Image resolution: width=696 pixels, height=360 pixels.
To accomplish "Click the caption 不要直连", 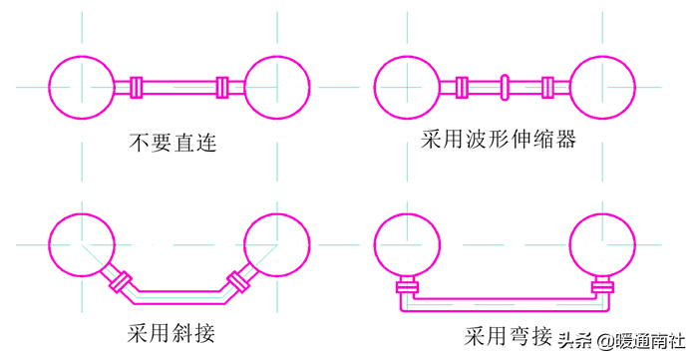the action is [173, 143].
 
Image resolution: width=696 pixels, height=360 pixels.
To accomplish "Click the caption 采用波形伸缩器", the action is [499, 140].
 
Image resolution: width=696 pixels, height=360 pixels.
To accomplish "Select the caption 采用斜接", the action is [171, 333].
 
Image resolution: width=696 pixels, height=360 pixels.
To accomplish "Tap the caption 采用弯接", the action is [509, 336].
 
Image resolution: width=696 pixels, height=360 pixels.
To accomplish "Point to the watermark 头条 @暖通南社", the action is [623, 341].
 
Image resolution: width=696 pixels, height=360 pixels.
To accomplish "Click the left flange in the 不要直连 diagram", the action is [137, 87].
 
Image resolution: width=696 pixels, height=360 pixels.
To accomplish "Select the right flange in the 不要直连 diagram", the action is [222, 87].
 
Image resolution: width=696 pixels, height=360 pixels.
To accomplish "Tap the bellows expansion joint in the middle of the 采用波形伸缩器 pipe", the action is [505, 87].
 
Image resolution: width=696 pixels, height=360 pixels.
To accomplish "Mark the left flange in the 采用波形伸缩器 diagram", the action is [462, 87].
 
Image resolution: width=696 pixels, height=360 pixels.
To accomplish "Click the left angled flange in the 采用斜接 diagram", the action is [121, 281].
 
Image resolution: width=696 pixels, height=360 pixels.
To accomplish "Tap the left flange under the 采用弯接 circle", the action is [407, 287].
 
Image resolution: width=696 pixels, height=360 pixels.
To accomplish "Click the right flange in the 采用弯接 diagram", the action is [603, 287].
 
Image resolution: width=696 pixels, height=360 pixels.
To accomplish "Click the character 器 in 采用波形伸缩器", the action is [565, 140].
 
